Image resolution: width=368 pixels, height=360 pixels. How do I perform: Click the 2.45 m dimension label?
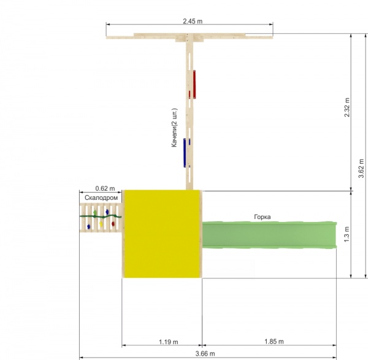tap(193, 21)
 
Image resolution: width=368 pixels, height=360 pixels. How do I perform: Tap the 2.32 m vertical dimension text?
tap(347, 107)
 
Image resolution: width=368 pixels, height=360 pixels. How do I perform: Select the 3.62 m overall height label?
tap(361, 168)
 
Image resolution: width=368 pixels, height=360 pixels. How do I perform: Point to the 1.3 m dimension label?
tap(347, 234)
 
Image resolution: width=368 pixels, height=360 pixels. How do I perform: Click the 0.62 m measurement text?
tap(105, 188)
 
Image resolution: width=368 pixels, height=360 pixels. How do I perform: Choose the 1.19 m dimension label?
tap(169, 342)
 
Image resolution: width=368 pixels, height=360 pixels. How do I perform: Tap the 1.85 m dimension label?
tap(274, 342)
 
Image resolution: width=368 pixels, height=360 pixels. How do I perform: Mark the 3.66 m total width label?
tap(205, 353)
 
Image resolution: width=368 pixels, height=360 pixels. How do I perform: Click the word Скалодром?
tap(101, 198)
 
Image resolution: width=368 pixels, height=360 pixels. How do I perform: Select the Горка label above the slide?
tap(263, 217)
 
